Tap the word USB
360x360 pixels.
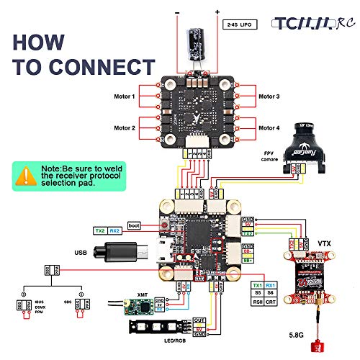tap(81, 253)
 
